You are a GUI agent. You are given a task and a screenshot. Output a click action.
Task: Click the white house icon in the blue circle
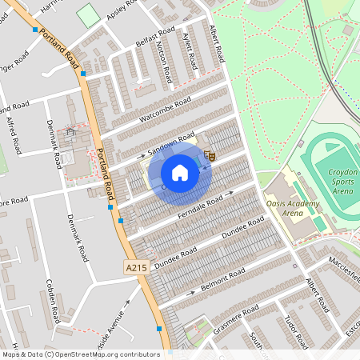pos(180,173)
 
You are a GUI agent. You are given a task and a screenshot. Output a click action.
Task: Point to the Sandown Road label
pos(174,142)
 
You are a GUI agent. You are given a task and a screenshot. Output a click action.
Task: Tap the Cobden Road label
pos(53,301)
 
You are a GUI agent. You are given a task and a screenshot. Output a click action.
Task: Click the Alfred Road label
pos(14,135)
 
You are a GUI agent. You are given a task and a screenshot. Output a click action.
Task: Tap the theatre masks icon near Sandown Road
pos(210,157)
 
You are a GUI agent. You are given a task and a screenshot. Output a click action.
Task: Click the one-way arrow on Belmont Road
pos(190,294)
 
